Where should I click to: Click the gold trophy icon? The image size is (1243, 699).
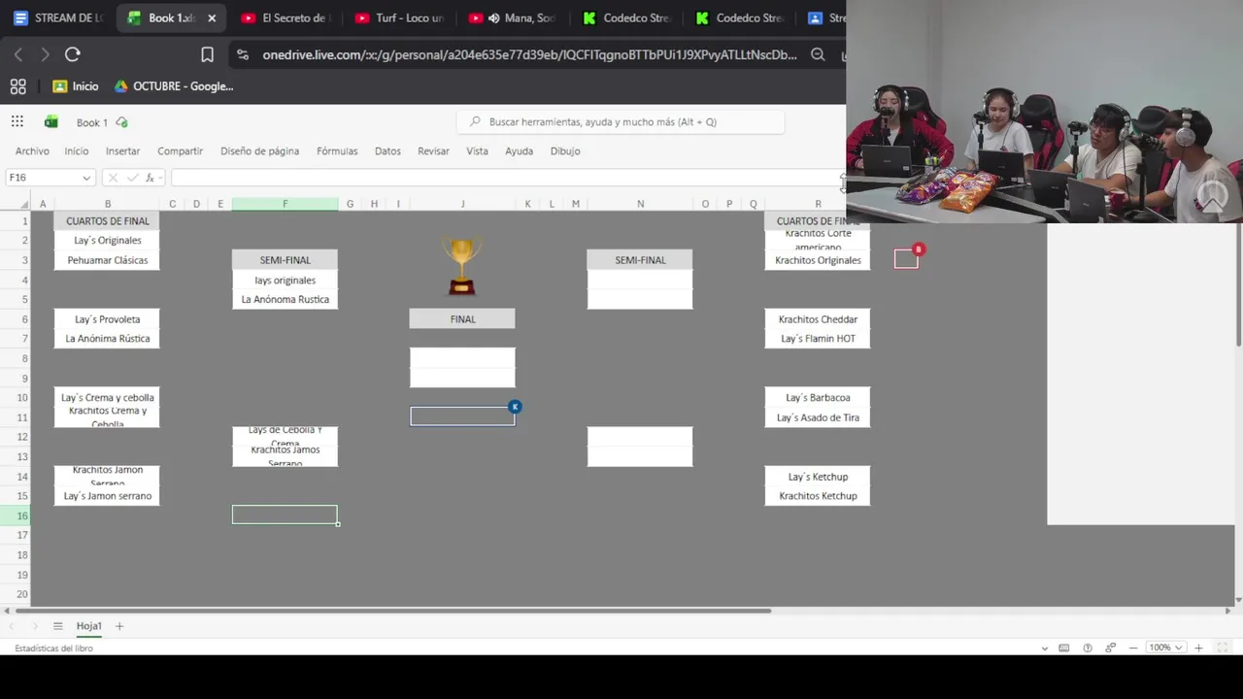461,265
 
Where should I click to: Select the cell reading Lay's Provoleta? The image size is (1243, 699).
108,319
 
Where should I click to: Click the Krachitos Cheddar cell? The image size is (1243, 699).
818,319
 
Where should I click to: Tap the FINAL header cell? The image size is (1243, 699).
462,319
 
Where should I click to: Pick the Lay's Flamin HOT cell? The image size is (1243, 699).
818,339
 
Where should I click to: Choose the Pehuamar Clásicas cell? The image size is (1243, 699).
108,260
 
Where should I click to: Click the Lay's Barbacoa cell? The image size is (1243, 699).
818,398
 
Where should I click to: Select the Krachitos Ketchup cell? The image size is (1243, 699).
818,496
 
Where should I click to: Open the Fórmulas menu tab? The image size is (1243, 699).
337,151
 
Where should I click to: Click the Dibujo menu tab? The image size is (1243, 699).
565,151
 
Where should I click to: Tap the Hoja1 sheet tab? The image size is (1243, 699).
89,626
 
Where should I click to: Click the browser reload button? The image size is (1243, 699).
73,55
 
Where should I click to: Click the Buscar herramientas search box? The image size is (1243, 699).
621,122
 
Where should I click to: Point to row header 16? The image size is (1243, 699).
21,516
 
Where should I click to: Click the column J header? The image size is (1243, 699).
462,204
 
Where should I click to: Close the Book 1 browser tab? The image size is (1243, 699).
212,18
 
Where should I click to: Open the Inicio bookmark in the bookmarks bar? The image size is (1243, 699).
76,86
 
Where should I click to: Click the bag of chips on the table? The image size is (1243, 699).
966,190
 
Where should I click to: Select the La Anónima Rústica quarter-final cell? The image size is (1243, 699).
108,339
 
